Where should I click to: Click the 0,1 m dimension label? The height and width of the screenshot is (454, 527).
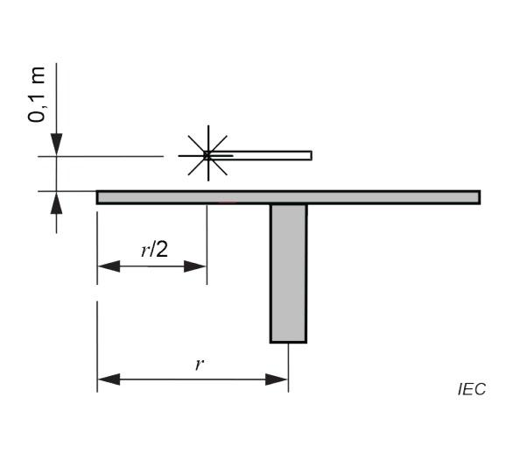[36, 95]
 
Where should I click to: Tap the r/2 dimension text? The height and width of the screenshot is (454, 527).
[154, 250]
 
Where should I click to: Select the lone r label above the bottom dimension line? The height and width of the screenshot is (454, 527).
[200, 365]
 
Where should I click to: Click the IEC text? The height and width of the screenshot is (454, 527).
[472, 389]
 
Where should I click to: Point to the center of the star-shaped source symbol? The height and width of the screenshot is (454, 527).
[208, 155]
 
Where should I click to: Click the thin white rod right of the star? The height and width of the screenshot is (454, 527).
[261, 155]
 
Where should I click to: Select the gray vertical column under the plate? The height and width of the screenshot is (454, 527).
[288, 273]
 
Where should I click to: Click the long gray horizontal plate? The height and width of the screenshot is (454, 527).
[288, 197]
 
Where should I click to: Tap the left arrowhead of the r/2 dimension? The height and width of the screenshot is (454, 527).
[109, 266]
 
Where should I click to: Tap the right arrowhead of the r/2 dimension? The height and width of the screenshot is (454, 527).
[195, 266]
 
